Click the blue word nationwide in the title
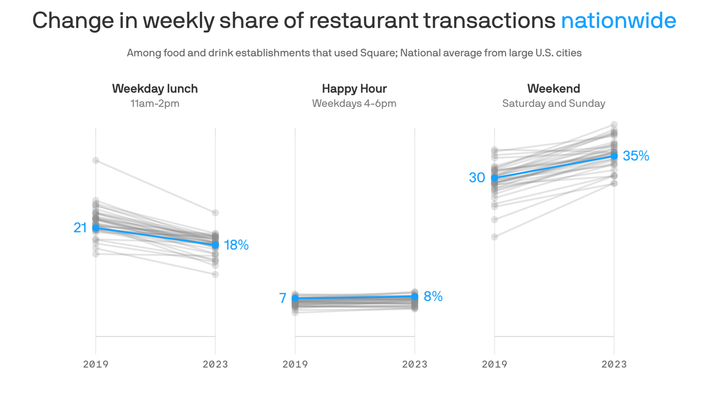[x=618, y=21]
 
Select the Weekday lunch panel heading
[x=155, y=88]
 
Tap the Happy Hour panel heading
[x=354, y=88]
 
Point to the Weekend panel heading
[x=553, y=88]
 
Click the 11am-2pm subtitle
[x=155, y=103]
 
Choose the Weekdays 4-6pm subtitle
[x=354, y=103]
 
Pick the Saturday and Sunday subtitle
[x=553, y=103]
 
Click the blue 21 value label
[x=80, y=228]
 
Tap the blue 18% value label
[x=236, y=245]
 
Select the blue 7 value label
[x=282, y=298]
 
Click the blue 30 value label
[x=477, y=178]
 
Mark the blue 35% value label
[x=636, y=156]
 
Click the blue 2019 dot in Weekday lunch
[x=96, y=228]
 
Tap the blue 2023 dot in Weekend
[x=614, y=156]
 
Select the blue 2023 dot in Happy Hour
[x=415, y=296]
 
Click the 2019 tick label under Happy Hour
[x=295, y=364]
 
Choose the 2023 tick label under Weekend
[x=614, y=364]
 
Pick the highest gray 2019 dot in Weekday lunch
[x=96, y=161]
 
